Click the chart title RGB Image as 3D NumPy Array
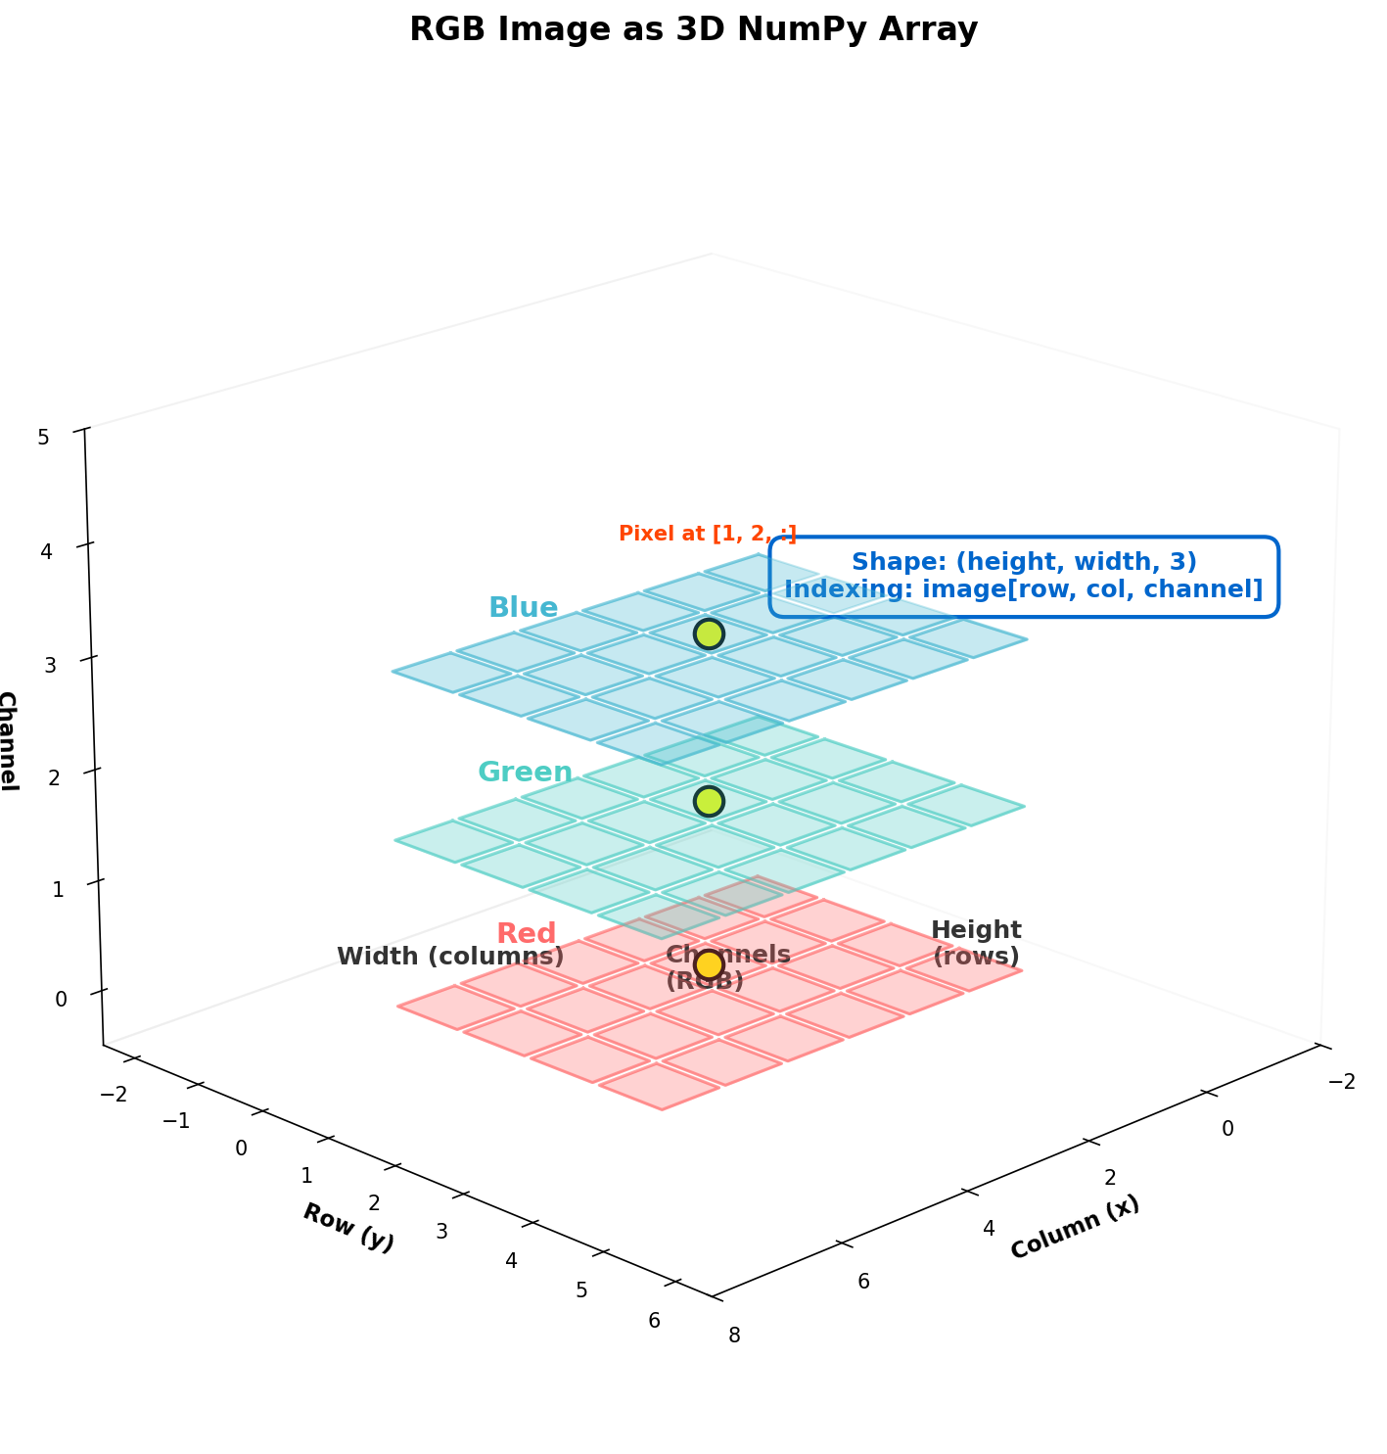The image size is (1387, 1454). [693, 29]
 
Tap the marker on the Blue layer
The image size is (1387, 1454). [709, 633]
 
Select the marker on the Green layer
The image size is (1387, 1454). [709, 801]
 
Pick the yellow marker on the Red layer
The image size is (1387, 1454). [709, 964]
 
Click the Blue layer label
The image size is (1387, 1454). [524, 607]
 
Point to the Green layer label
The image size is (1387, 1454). [525, 772]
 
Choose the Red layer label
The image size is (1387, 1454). [526, 932]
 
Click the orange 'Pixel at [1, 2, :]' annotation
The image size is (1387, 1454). [708, 534]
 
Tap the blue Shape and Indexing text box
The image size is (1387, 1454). [1024, 576]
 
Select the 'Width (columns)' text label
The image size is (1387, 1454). [450, 956]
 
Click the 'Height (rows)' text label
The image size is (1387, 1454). [976, 942]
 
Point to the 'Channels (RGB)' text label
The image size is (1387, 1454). [728, 966]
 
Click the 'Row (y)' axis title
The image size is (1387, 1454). [348, 1227]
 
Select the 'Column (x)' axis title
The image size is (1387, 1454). [1074, 1226]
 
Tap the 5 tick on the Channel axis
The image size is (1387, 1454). [44, 437]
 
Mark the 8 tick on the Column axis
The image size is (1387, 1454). [734, 1335]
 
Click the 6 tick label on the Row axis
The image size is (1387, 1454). [654, 1320]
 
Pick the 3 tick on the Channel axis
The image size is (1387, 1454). [50, 666]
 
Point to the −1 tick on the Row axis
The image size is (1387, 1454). [176, 1120]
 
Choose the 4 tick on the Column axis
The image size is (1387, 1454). [989, 1229]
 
